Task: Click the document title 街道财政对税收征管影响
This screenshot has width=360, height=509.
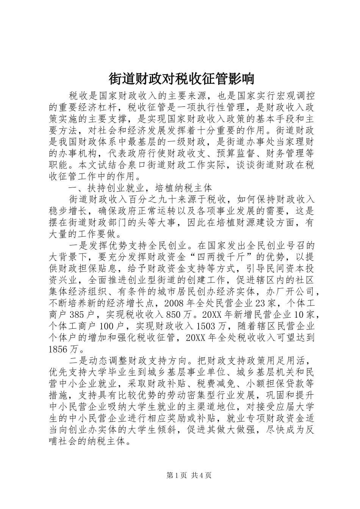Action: [x=180, y=79]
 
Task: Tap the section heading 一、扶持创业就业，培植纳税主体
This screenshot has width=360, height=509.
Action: [x=140, y=188]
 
